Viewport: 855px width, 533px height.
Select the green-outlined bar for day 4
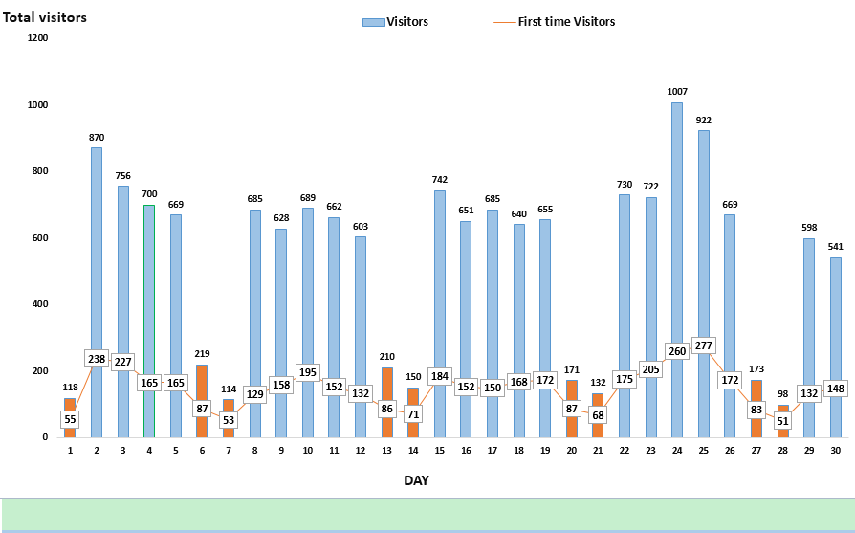pyautogui.click(x=148, y=287)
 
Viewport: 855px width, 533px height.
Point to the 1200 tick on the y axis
pyautogui.click(x=37, y=38)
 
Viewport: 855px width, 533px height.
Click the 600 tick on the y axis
pyautogui.click(x=37, y=238)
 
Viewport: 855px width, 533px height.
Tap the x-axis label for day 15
pyautogui.click(x=439, y=449)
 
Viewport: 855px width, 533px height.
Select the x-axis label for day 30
pyautogui.click(x=835, y=449)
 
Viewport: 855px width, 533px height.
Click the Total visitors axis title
pyautogui.click(x=44, y=17)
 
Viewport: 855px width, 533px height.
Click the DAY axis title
pyautogui.click(x=416, y=480)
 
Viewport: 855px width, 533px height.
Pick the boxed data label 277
pyautogui.click(x=703, y=345)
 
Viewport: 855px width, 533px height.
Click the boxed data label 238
pyautogui.click(x=96, y=359)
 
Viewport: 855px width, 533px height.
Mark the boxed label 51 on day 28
pyautogui.click(x=782, y=420)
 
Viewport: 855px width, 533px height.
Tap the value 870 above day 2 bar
pyautogui.click(x=96, y=138)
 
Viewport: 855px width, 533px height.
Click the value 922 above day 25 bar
pyautogui.click(x=703, y=121)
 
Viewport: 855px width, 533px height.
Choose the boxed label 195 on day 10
pyautogui.click(x=307, y=373)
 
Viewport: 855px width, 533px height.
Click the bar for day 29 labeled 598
pyautogui.click(x=808, y=306)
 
